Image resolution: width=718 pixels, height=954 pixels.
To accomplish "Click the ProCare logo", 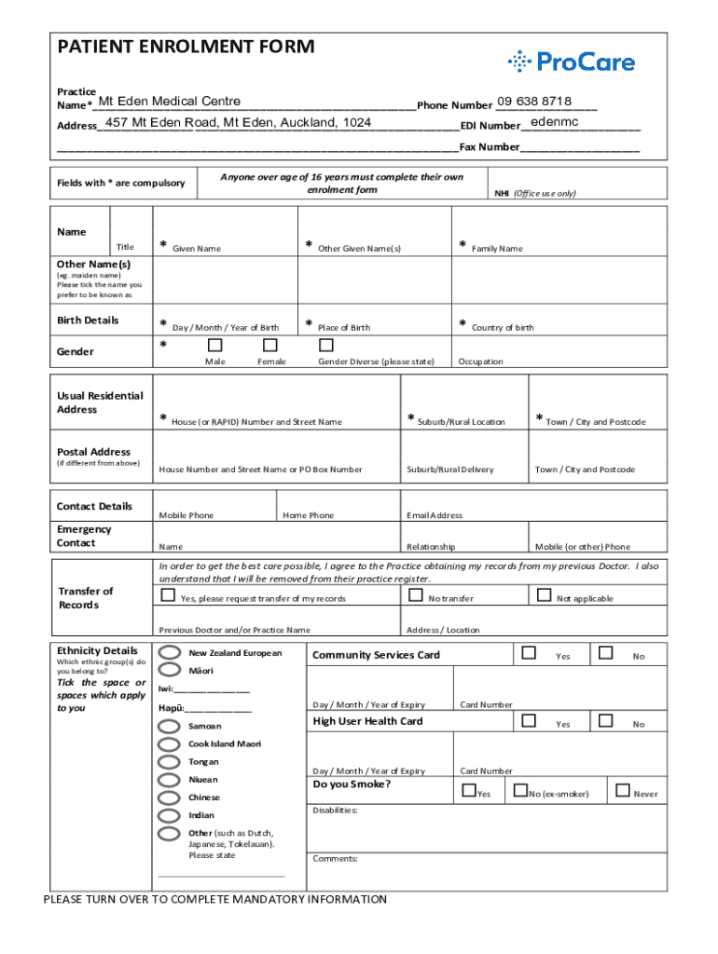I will (572, 62).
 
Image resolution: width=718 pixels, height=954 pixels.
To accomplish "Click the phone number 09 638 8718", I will (533, 101).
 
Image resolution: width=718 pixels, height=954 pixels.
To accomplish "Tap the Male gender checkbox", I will (215, 346).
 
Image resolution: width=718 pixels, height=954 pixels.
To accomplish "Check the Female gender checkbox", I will (271, 346).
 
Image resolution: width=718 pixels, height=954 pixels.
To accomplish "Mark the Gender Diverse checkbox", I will (326, 346).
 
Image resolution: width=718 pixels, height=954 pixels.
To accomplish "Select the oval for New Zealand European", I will (170, 653).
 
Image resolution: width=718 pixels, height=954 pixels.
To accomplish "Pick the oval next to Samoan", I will (170, 726).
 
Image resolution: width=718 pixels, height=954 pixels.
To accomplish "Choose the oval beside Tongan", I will (170, 762).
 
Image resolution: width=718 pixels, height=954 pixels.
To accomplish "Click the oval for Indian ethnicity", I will (170, 815).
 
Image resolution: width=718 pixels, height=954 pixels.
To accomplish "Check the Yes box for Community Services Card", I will (530, 654).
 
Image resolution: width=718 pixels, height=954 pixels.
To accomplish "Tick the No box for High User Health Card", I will (606, 721).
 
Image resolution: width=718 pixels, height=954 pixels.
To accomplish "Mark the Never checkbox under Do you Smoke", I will (622, 791).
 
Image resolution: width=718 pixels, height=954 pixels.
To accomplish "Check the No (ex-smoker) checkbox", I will (518, 791).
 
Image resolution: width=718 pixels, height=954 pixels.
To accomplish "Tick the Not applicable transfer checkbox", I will (543, 595).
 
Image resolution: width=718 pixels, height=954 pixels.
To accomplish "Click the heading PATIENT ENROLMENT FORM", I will (186, 48).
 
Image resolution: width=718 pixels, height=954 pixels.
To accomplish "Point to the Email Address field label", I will (435, 515).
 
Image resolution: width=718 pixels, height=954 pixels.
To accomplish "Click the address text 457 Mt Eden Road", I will (238, 123).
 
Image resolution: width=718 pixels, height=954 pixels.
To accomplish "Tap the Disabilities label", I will (336, 811).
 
